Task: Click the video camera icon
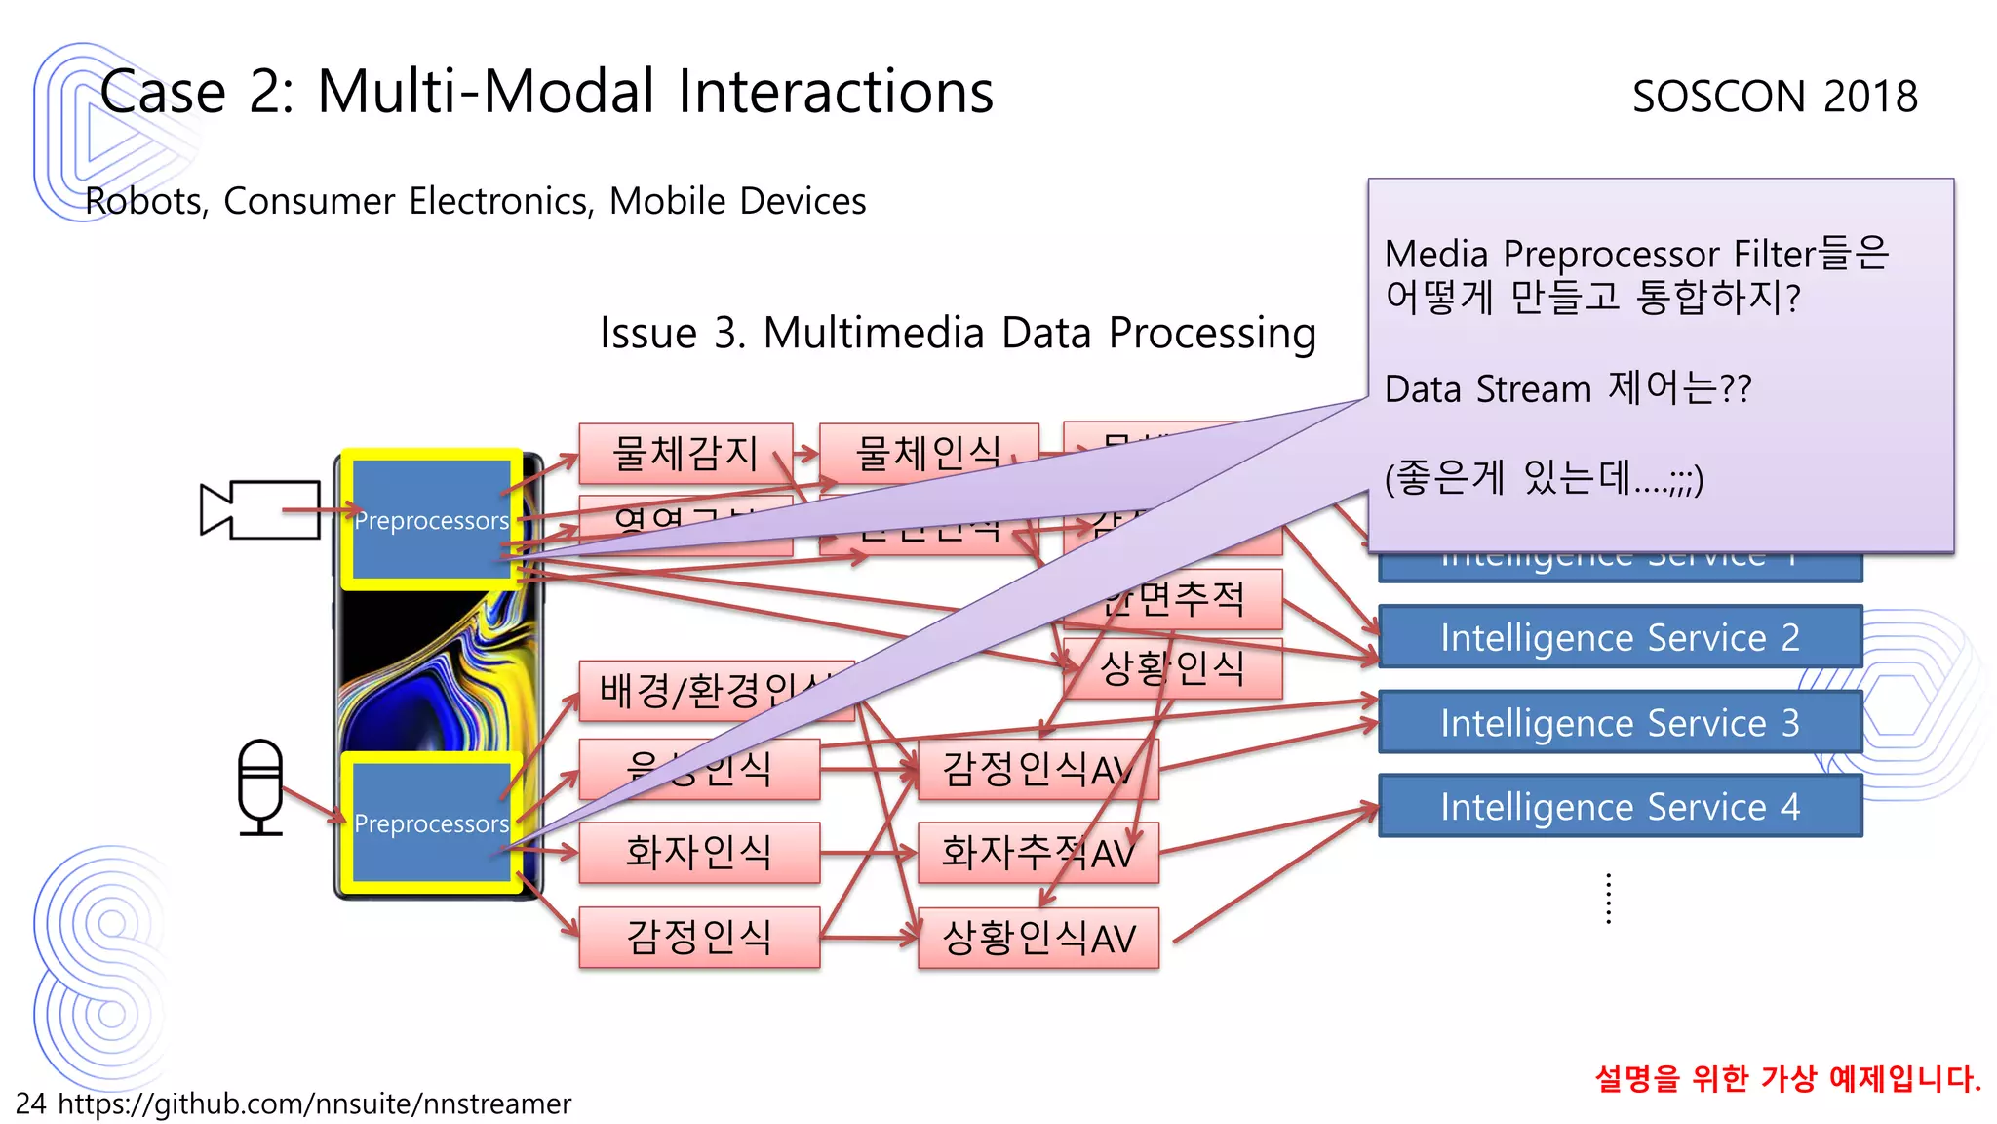click(x=260, y=509)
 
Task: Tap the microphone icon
click(x=260, y=786)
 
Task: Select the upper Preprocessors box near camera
click(x=431, y=520)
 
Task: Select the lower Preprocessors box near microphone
click(x=431, y=823)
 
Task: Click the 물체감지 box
click(x=685, y=453)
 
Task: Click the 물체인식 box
click(x=927, y=453)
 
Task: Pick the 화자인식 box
click(x=698, y=852)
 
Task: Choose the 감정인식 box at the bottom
click(x=698, y=937)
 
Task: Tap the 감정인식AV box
click(x=1038, y=769)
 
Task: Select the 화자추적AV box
click(x=1038, y=853)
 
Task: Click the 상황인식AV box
click(x=1038, y=938)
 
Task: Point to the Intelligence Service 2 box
click(x=1620, y=637)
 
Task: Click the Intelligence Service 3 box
click(x=1620, y=722)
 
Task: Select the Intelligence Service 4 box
click(x=1620, y=806)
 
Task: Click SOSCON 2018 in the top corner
click(x=1775, y=96)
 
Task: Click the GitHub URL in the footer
click(x=314, y=1104)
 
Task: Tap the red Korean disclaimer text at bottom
click(x=1787, y=1078)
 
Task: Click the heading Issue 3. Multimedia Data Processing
click(x=958, y=333)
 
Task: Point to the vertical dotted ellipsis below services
click(x=1608, y=899)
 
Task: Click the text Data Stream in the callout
click(x=1488, y=389)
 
